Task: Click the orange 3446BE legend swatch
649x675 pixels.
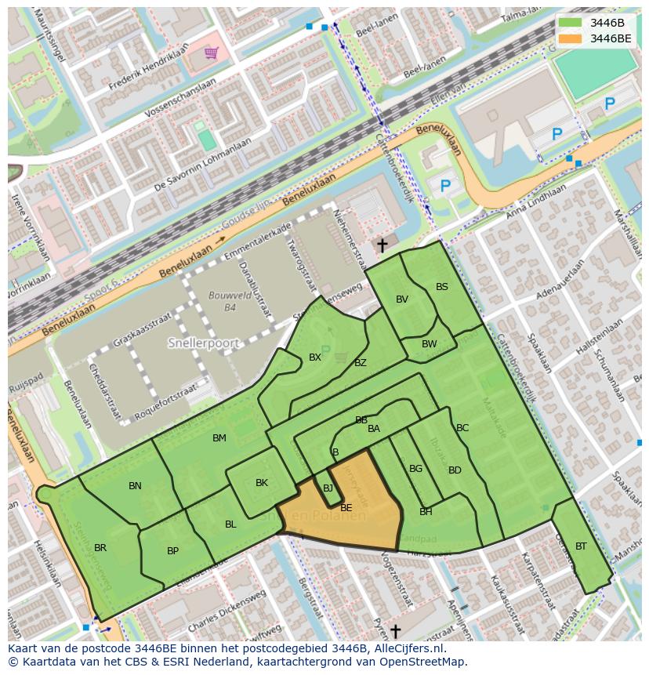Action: pyautogui.click(x=571, y=38)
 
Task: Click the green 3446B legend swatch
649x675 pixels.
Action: pyautogui.click(x=571, y=23)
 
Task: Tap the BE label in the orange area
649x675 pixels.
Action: pyautogui.click(x=346, y=508)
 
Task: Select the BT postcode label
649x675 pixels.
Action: pyautogui.click(x=581, y=546)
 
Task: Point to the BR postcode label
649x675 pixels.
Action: pyautogui.click(x=100, y=548)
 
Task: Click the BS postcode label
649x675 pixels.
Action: pyautogui.click(x=442, y=287)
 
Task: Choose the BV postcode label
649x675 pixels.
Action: pyautogui.click(x=402, y=299)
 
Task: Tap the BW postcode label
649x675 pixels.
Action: pyautogui.click(x=429, y=344)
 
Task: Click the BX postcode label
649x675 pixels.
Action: pyautogui.click(x=315, y=357)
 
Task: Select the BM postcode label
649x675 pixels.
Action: pyautogui.click(x=219, y=438)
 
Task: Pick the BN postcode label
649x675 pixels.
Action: pyautogui.click(x=135, y=486)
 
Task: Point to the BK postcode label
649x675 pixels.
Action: pyautogui.click(x=262, y=483)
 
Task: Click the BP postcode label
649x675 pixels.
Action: pyautogui.click(x=172, y=551)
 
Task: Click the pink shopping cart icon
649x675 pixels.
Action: pyautogui.click(x=211, y=53)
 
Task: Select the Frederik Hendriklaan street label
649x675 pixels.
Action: pyautogui.click(x=149, y=70)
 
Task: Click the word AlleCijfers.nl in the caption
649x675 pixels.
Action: pyautogui.click(x=415, y=649)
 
